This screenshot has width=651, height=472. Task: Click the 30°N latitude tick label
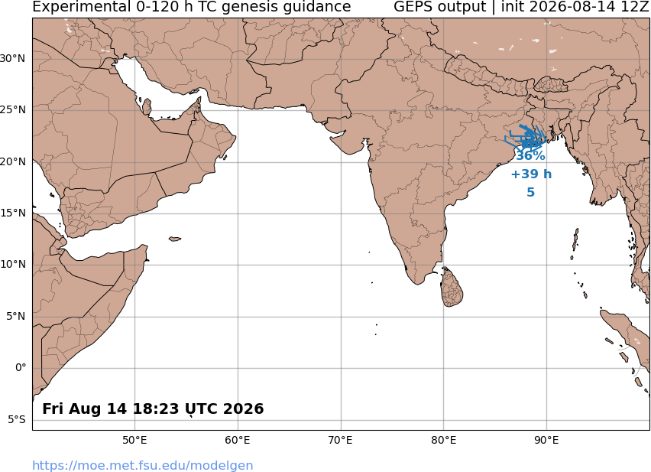point(12,59)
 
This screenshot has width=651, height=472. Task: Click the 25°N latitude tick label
point(12,110)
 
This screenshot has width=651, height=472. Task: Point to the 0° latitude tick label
point(21,368)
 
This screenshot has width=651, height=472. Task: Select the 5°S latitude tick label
point(17,420)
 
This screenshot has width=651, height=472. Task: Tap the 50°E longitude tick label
point(134,440)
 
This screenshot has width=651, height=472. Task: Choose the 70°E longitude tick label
point(341,440)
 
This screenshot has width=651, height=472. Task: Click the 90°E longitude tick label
point(546,440)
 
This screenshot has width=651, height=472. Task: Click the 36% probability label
point(530,156)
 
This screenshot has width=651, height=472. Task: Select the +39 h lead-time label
point(531,174)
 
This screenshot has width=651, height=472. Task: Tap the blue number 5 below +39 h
point(530,192)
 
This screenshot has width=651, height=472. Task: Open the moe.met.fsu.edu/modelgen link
point(142,465)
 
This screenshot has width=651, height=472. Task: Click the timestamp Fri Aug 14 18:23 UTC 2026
point(153,409)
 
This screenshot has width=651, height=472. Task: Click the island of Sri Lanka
point(452,287)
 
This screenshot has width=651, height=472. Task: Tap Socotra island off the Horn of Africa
point(175,239)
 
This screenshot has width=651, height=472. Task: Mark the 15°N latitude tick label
point(12,213)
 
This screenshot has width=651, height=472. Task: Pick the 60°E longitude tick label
point(238,440)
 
